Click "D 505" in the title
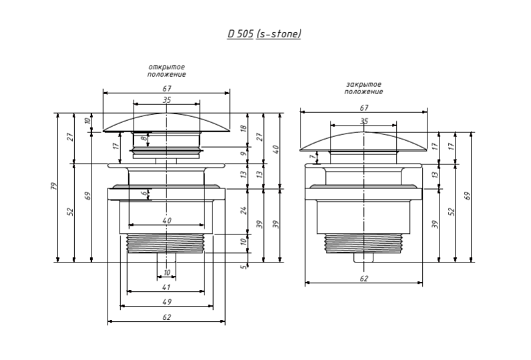(240, 33)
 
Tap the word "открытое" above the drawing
(166, 67)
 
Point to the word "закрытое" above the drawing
(364, 84)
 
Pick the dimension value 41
(166, 287)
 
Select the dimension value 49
(166, 302)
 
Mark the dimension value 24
(244, 210)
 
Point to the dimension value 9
(244, 153)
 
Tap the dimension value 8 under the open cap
(143, 138)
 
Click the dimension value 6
(143, 194)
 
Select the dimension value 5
(244, 268)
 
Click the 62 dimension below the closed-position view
(364, 279)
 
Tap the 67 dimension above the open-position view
(166, 89)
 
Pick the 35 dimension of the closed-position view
(364, 121)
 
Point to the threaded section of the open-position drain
(166, 244)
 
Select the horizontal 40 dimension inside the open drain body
(166, 220)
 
